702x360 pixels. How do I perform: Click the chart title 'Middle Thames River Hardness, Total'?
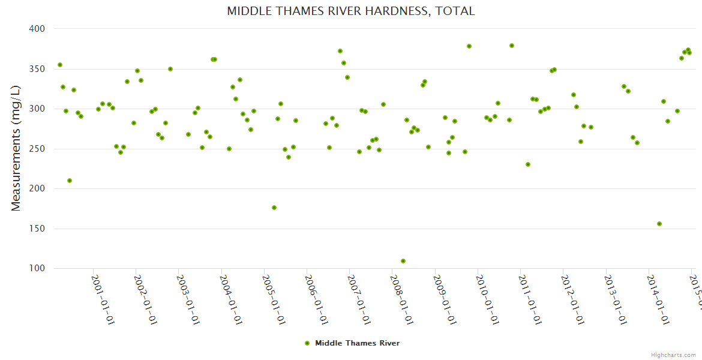(351, 11)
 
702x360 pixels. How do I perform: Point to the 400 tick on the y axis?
(38, 29)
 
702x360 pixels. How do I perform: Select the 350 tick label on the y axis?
(38, 69)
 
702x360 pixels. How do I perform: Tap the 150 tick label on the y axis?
(38, 229)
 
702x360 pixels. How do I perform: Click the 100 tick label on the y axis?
(38, 268)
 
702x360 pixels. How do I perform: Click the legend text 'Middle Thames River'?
(357, 343)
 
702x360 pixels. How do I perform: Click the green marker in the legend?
(307, 343)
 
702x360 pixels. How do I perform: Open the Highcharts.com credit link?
(673, 355)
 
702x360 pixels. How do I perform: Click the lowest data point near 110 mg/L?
(403, 261)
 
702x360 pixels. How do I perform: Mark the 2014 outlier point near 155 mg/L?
(659, 224)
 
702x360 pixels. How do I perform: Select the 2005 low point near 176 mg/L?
(274, 208)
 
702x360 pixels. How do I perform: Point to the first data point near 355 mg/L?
(60, 65)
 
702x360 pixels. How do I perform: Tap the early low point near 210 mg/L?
(70, 181)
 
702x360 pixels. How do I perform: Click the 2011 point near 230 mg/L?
(528, 164)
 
